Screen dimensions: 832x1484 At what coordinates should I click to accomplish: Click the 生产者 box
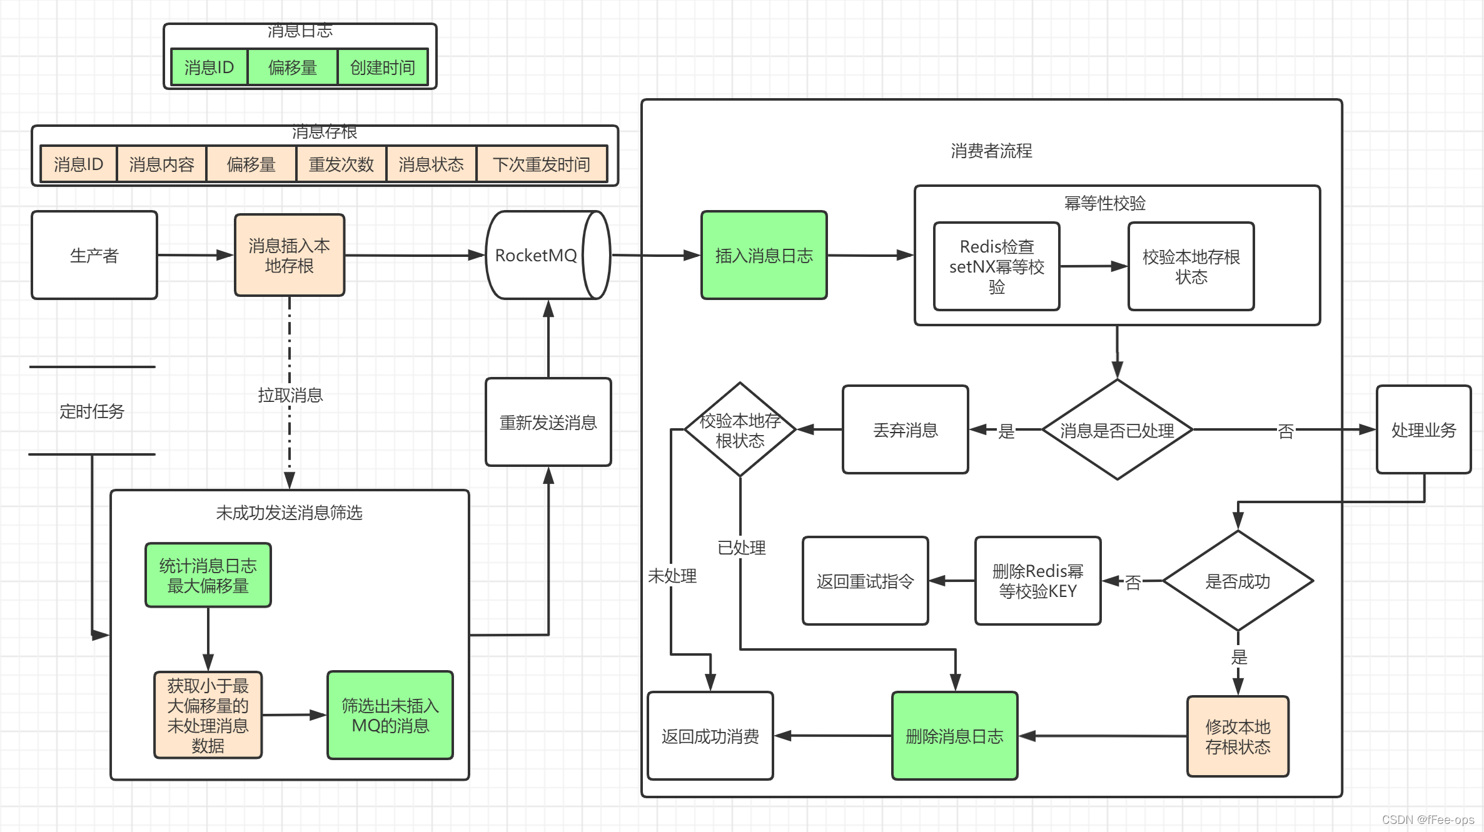pyautogui.click(x=94, y=255)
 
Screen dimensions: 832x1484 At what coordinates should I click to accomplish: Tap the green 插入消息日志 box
pyautogui.click(x=764, y=255)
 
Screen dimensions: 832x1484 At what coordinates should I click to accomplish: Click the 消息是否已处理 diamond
pyautogui.click(x=1117, y=430)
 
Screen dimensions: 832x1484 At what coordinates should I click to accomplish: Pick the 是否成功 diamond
pyautogui.click(x=1237, y=581)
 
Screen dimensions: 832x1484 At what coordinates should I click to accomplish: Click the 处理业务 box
pyautogui.click(x=1423, y=430)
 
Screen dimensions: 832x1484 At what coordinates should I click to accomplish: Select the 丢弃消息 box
pyautogui.click(x=905, y=430)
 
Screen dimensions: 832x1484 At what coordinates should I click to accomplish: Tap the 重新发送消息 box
pyautogui.click(x=548, y=423)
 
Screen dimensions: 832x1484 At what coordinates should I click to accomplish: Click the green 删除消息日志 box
pyautogui.click(x=954, y=736)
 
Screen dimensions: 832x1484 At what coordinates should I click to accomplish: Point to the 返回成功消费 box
pyautogui.click(x=710, y=736)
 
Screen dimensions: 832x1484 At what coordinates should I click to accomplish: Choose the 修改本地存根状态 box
pyautogui.click(x=1238, y=736)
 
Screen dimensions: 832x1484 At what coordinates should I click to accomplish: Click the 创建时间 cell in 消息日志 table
pyautogui.click(x=382, y=68)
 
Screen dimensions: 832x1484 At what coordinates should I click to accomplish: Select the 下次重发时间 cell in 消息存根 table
pyautogui.click(x=541, y=164)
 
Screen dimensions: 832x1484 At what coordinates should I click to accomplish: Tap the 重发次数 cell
pyautogui.click(x=341, y=164)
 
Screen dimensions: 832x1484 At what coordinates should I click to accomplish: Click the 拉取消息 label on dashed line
pyautogui.click(x=290, y=395)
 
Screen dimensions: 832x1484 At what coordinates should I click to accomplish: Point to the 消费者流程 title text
pyautogui.click(x=991, y=151)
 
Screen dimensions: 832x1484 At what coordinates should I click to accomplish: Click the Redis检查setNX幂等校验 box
pyautogui.click(x=996, y=266)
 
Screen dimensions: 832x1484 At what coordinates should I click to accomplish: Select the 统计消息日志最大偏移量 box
pyautogui.click(x=208, y=575)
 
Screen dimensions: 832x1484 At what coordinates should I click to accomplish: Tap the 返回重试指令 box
pyautogui.click(x=865, y=581)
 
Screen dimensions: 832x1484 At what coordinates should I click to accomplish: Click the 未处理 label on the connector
pyautogui.click(x=672, y=576)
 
